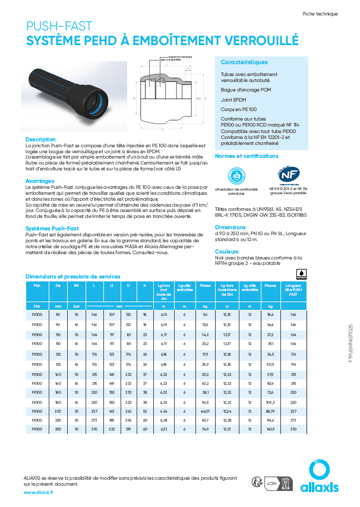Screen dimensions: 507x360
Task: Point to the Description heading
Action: tap(40, 139)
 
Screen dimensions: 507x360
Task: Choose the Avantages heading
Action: tap(40, 181)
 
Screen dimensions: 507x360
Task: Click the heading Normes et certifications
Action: tap(246, 156)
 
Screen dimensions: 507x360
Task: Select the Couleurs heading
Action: tap(227, 252)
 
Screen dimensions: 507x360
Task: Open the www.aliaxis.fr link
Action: tap(39, 492)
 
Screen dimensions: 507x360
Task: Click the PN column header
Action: tap(76, 286)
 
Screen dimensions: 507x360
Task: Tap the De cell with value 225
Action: tap(58, 419)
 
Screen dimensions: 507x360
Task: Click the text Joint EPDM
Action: tap(233, 100)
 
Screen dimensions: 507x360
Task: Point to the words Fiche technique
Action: tap(320, 13)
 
